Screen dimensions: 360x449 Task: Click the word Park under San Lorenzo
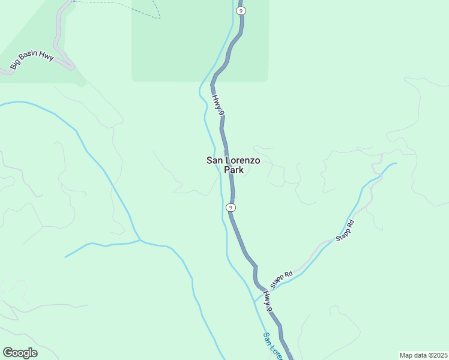(234, 170)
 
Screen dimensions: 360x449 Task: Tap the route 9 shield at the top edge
(241, 11)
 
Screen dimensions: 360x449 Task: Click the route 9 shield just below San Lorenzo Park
(231, 207)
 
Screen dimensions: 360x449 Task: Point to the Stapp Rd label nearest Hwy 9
(281, 278)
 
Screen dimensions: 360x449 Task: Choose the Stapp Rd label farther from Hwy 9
(345, 230)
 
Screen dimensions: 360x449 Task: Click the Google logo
(20, 353)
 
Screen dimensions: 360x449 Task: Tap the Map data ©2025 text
(423, 355)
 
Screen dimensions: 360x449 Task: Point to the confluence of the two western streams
(140, 241)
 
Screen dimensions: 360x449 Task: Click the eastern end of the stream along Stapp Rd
(396, 163)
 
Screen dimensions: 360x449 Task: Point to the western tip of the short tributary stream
(65, 257)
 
